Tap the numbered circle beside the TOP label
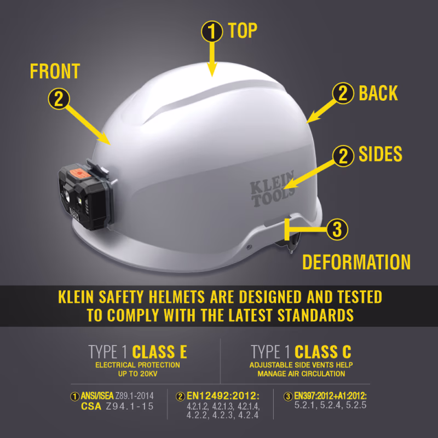211,32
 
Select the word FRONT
55,71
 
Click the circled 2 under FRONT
59,99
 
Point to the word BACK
378,93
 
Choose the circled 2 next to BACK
344,93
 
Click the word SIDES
381,155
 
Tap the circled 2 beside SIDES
344,156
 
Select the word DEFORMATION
356,262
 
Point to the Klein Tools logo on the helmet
273,189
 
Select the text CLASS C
322,351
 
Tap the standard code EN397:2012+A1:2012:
330,396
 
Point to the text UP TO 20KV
137,374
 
